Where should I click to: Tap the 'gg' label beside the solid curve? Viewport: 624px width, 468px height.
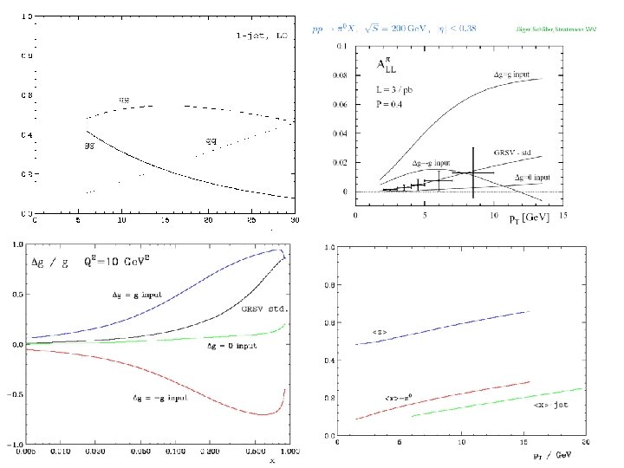pos(88,146)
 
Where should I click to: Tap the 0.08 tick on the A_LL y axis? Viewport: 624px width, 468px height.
pos(341,75)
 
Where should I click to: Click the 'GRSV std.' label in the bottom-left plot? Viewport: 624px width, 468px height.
pos(264,308)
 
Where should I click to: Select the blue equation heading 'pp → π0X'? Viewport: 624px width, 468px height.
pos(330,28)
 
